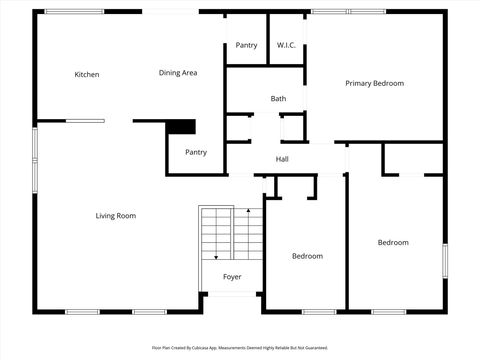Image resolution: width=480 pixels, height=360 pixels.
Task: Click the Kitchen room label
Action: (87, 74)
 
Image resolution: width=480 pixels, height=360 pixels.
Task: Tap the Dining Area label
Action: (177, 73)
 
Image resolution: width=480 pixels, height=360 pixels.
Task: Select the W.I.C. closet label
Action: (285, 45)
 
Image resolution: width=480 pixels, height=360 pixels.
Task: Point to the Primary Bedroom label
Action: (374, 83)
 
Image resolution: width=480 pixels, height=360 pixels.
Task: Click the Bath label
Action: (278, 98)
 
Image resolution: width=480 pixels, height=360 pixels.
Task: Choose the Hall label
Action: (282, 159)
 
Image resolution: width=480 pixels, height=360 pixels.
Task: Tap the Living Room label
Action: (115, 216)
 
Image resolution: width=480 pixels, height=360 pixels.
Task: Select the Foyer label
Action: (231, 277)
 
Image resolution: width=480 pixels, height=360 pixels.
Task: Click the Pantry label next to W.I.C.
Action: (246, 45)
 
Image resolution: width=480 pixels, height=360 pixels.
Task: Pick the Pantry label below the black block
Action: (195, 152)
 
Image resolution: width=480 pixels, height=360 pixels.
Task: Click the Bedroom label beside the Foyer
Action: (307, 256)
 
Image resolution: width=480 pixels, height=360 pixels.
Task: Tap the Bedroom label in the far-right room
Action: (393, 242)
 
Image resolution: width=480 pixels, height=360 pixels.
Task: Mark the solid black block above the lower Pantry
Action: (181, 127)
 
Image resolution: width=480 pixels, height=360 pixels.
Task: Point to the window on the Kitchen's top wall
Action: (74, 12)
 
